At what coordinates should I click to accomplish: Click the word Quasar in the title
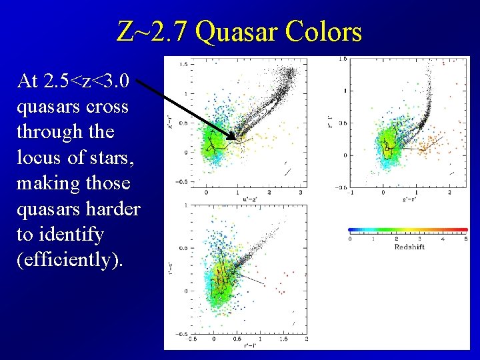237,31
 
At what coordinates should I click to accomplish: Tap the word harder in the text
113,209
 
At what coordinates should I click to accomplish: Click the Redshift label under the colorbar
409,247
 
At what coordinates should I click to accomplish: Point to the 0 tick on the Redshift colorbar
351,239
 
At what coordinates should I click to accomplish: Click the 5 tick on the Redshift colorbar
466,239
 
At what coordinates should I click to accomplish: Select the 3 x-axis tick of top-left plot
301,193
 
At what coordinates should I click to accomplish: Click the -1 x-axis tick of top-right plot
351,193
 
